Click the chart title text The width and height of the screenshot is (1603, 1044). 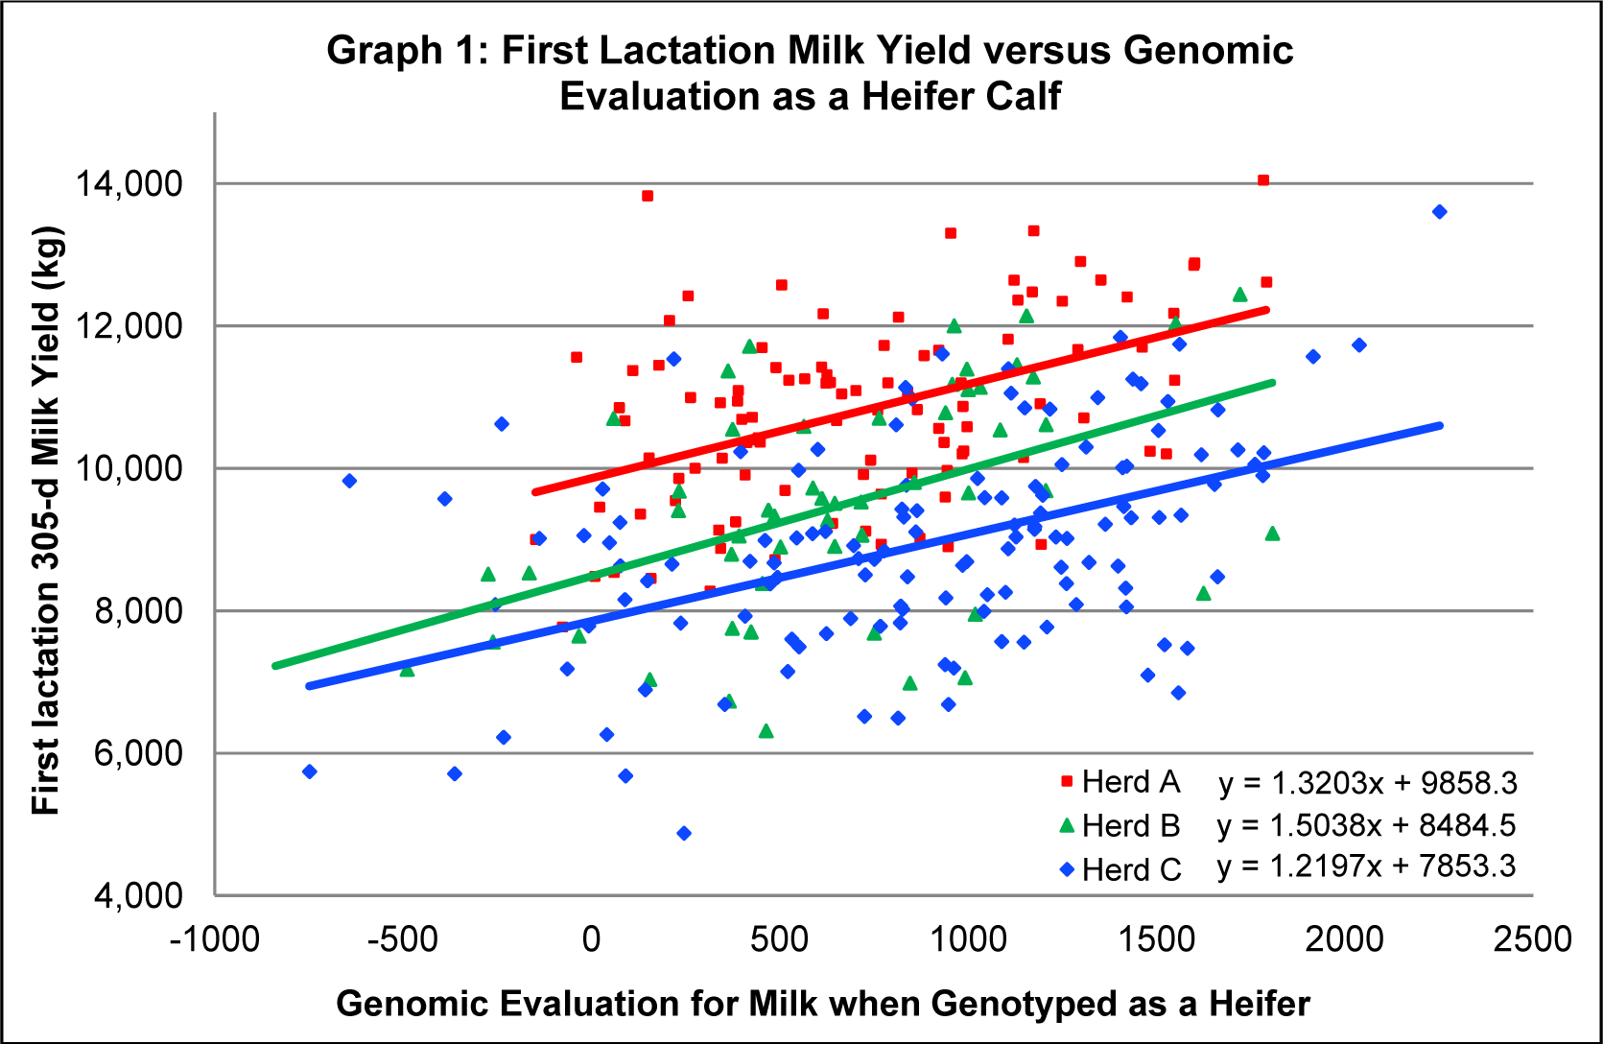811,73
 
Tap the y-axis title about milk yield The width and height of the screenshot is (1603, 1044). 45,521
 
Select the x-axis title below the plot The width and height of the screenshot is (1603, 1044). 823,1004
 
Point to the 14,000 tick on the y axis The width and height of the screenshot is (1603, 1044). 129,183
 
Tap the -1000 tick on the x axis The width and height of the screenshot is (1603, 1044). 215,938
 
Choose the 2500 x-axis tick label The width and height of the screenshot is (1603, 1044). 1532,938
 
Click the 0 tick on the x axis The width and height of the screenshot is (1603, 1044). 591,938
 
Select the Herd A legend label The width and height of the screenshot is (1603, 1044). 1130,782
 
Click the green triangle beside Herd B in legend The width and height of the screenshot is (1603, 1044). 1066,825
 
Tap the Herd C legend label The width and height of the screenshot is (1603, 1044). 1131,869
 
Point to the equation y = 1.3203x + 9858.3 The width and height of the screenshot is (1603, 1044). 1368,783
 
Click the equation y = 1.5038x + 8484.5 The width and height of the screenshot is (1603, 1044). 1366,825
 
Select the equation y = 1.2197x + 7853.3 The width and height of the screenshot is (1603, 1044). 1366,866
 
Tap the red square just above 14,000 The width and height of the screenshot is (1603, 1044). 1263,180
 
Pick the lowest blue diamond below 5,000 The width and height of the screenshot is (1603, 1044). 684,833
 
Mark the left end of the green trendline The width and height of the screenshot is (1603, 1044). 276,665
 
